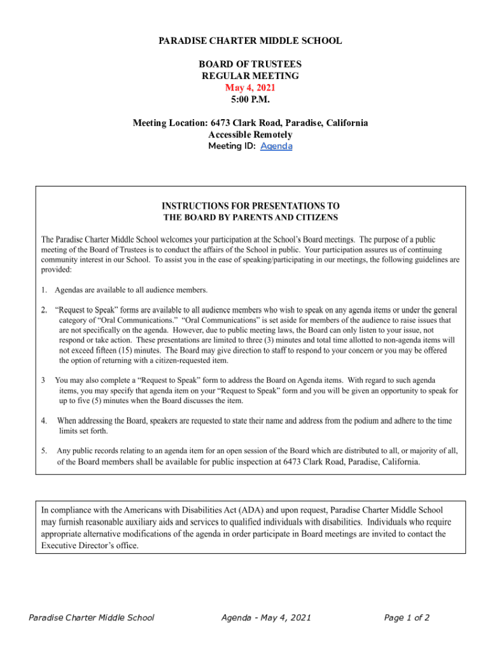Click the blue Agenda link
[x=276, y=146]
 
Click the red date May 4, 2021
[x=250, y=88]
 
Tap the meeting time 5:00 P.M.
[x=250, y=99]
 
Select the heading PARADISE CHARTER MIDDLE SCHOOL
[x=250, y=41]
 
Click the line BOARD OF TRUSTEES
[x=250, y=64]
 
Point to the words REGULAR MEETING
[x=250, y=76]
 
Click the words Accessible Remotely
[x=250, y=134]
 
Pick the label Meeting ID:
[x=232, y=146]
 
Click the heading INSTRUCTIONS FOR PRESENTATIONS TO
[x=250, y=206]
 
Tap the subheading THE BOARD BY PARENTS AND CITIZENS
[x=250, y=218]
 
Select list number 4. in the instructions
[x=45, y=421]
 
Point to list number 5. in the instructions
[x=45, y=451]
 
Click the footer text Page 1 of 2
[x=407, y=618]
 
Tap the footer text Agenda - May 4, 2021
[x=266, y=618]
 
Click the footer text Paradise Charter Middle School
[x=92, y=618]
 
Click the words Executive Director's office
[x=90, y=546]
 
